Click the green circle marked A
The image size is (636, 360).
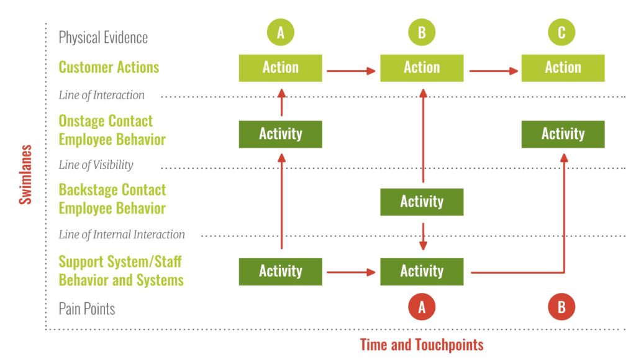pyautogui.click(x=280, y=32)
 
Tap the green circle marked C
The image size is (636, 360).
pyautogui.click(x=561, y=32)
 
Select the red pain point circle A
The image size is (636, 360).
pyautogui.click(x=422, y=307)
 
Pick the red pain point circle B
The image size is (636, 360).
pyautogui.click(x=561, y=307)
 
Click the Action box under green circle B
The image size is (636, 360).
pyautogui.click(x=422, y=68)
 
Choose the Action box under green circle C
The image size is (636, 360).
pyautogui.click(x=563, y=68)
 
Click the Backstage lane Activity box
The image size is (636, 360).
pyautogui.click(x=422, y=202)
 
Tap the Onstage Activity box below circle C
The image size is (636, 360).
pyautogui.click(x=563, y=134)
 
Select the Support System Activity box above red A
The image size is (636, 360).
pyautogui.click(x=422, y=272)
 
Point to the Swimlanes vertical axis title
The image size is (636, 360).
pyautogui.click(x=25, y=174)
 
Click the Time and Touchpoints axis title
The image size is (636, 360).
pyautogui.click(x=422, y=344)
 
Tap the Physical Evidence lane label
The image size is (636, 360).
pyautogui.click(x=103, y=37)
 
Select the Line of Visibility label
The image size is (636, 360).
pyautogui.click(x=96, y=164)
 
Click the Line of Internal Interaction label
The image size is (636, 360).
pyautogui.click(x=122, y=235)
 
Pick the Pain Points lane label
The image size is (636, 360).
pyautogui.click(x=87, y=308)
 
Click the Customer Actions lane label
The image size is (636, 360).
pyautogui.click(x=109, y=67)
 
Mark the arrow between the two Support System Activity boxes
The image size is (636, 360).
pyautogui.click(x=351, y=272)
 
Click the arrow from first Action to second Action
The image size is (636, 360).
pyautogui.click(x=351, y=71)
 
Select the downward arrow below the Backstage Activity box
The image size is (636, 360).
pyautogui.click(x=423, y=236)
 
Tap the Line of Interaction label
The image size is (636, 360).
pyautogui.click(x=101, y=95)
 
